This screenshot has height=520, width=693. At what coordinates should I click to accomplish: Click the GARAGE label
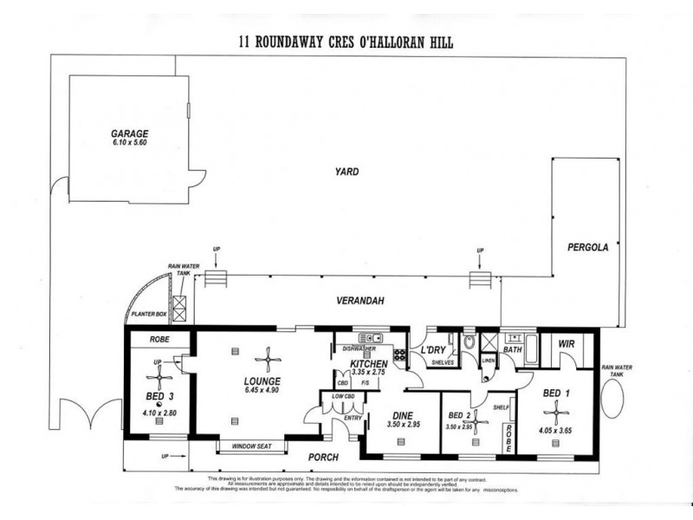(129, 134)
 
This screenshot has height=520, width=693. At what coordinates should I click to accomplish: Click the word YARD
(349, 172)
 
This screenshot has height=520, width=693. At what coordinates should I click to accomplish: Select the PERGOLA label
(588, 247)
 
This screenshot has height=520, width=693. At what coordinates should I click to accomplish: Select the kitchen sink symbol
(367, 338)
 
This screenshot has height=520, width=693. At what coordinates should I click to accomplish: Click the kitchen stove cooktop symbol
(399, 354)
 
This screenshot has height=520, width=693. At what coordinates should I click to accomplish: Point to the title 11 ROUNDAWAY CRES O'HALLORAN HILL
(346, 41)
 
